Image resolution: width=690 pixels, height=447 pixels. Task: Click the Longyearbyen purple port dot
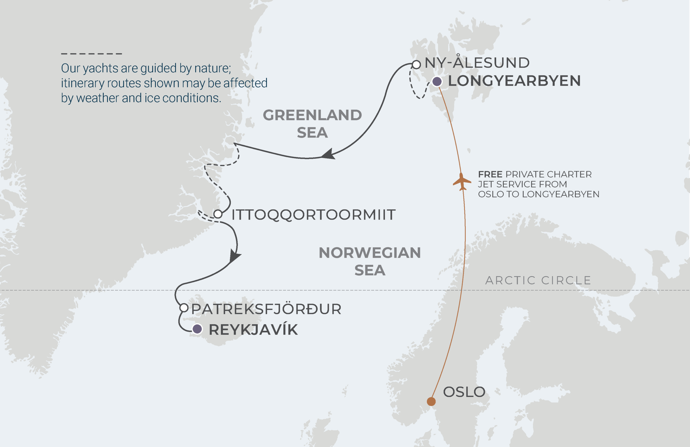tap(437, 82)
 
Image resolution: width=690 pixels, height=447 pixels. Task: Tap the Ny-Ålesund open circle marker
tap(416, 65)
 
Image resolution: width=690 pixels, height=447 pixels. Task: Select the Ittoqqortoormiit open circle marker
tap(218, 214)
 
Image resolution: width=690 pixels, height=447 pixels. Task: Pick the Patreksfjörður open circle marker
tap(184, 308)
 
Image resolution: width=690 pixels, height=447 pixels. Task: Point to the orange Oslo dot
tap(431, 402)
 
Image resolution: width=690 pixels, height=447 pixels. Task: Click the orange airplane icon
tap(461, 182)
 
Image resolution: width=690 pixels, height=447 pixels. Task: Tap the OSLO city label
tap(464, 392)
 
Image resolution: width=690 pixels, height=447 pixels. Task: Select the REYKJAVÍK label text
tap(253, 330)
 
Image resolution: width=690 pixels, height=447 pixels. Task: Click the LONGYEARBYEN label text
tap(514, 81)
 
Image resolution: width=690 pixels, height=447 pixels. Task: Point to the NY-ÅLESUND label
tap(477, 62)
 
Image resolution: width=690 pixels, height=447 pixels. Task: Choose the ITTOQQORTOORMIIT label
tap(313, 215)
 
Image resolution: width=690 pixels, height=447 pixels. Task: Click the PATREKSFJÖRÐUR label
tap(266, 309)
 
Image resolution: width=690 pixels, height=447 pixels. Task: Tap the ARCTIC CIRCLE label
tap(538, 280)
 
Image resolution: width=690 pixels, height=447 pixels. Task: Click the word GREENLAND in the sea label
tap(312, 115)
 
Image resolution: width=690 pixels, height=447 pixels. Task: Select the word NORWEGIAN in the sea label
tap(370, 253)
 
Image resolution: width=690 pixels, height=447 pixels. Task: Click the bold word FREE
tap(490, 174)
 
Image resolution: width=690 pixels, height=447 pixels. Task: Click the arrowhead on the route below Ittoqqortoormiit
tap(234, 256)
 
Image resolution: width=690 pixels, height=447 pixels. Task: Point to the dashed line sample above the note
tap(91, 54)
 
